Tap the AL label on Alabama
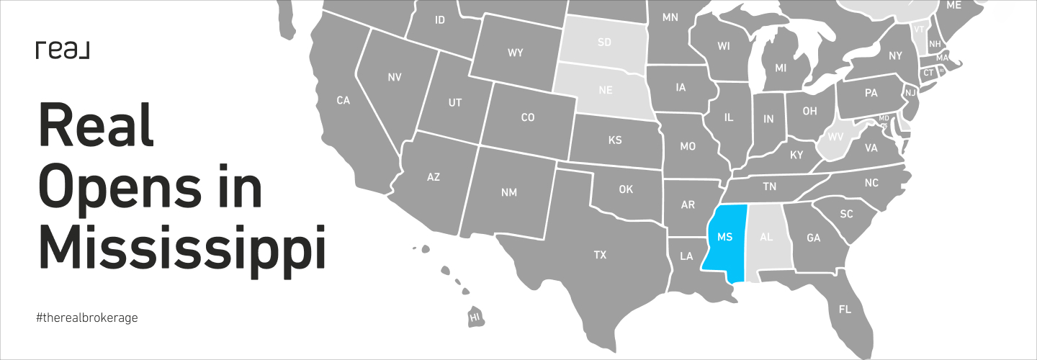tap(766, 237)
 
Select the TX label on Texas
tap(600, 255)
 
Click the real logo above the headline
tap(62, 50)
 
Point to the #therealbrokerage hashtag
tap(86, 318)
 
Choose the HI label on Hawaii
tap(475, 317)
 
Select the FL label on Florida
tap(845, 309)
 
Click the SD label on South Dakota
tap(604, 42)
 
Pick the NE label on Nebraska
tap(606, 91)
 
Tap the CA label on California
tap(343, 101)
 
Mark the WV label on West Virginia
tap(836, 136)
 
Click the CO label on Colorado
tap(527, 117)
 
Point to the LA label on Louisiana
tap(686, 256)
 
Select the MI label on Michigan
tap(781, 68)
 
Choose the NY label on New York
tap(895, 55)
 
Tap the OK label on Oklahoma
tap(625, 189)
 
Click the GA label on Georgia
tap(814, 238)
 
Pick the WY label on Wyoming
tap(515, 53)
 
